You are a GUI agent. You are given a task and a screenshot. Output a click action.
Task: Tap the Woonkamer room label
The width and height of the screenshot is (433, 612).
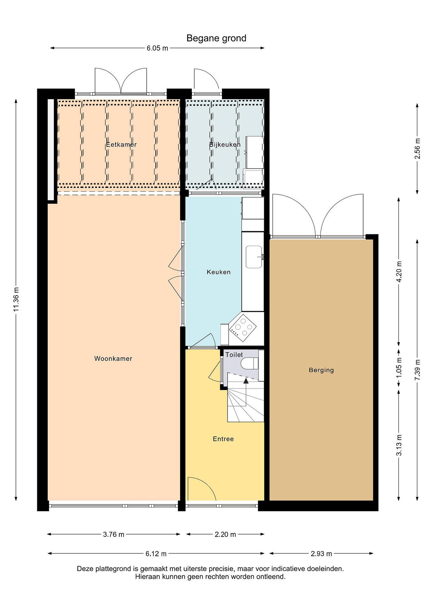(113, 358)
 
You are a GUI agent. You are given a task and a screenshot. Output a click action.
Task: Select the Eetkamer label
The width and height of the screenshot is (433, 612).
(121, 144)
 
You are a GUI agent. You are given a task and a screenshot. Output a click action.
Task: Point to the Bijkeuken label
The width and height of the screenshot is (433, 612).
(225, 144)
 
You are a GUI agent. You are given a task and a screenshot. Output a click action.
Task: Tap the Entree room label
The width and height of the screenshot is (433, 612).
(223, 439)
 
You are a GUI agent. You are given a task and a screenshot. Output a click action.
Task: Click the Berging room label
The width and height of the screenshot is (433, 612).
(321, 370)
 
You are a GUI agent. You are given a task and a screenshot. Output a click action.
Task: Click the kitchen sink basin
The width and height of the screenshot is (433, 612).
(254, 257)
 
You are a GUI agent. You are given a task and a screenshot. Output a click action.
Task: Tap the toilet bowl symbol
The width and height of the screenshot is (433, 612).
(249, 364)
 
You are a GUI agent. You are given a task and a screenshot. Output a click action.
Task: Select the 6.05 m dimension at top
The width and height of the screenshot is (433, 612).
(157, 48)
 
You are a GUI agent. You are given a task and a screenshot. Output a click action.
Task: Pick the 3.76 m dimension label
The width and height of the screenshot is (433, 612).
(114, 534)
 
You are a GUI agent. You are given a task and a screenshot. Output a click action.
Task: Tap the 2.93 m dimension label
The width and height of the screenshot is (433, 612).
(321, 554)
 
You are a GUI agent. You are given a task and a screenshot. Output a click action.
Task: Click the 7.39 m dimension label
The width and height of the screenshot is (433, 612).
(417, 370)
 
